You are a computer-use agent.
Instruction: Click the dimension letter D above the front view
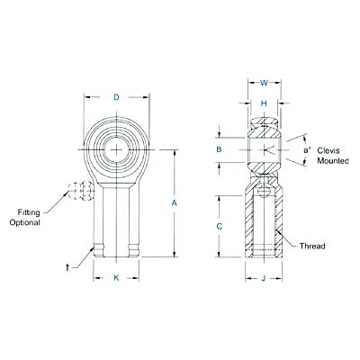pyautogui.click(x=118, y=96)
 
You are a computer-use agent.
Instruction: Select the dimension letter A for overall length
pyautogui.click(x=174, y=204)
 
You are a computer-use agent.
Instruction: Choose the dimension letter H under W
pyautogui.click(x=264, y=104)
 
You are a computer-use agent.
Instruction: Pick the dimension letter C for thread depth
pyautogui.click(x=219, y=227)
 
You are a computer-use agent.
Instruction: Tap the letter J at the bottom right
pyautogui.click(x=264, y=278)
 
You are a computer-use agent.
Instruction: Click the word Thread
pyautogui.click(x=311, y=245)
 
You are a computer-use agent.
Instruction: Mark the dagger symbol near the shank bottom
pyautogui.click(x=68, y=267)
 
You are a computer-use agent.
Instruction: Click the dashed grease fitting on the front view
pyautogui.click(x=80, y=192)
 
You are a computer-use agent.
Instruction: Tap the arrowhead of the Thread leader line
pyautogui.click(x=278, y=228)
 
